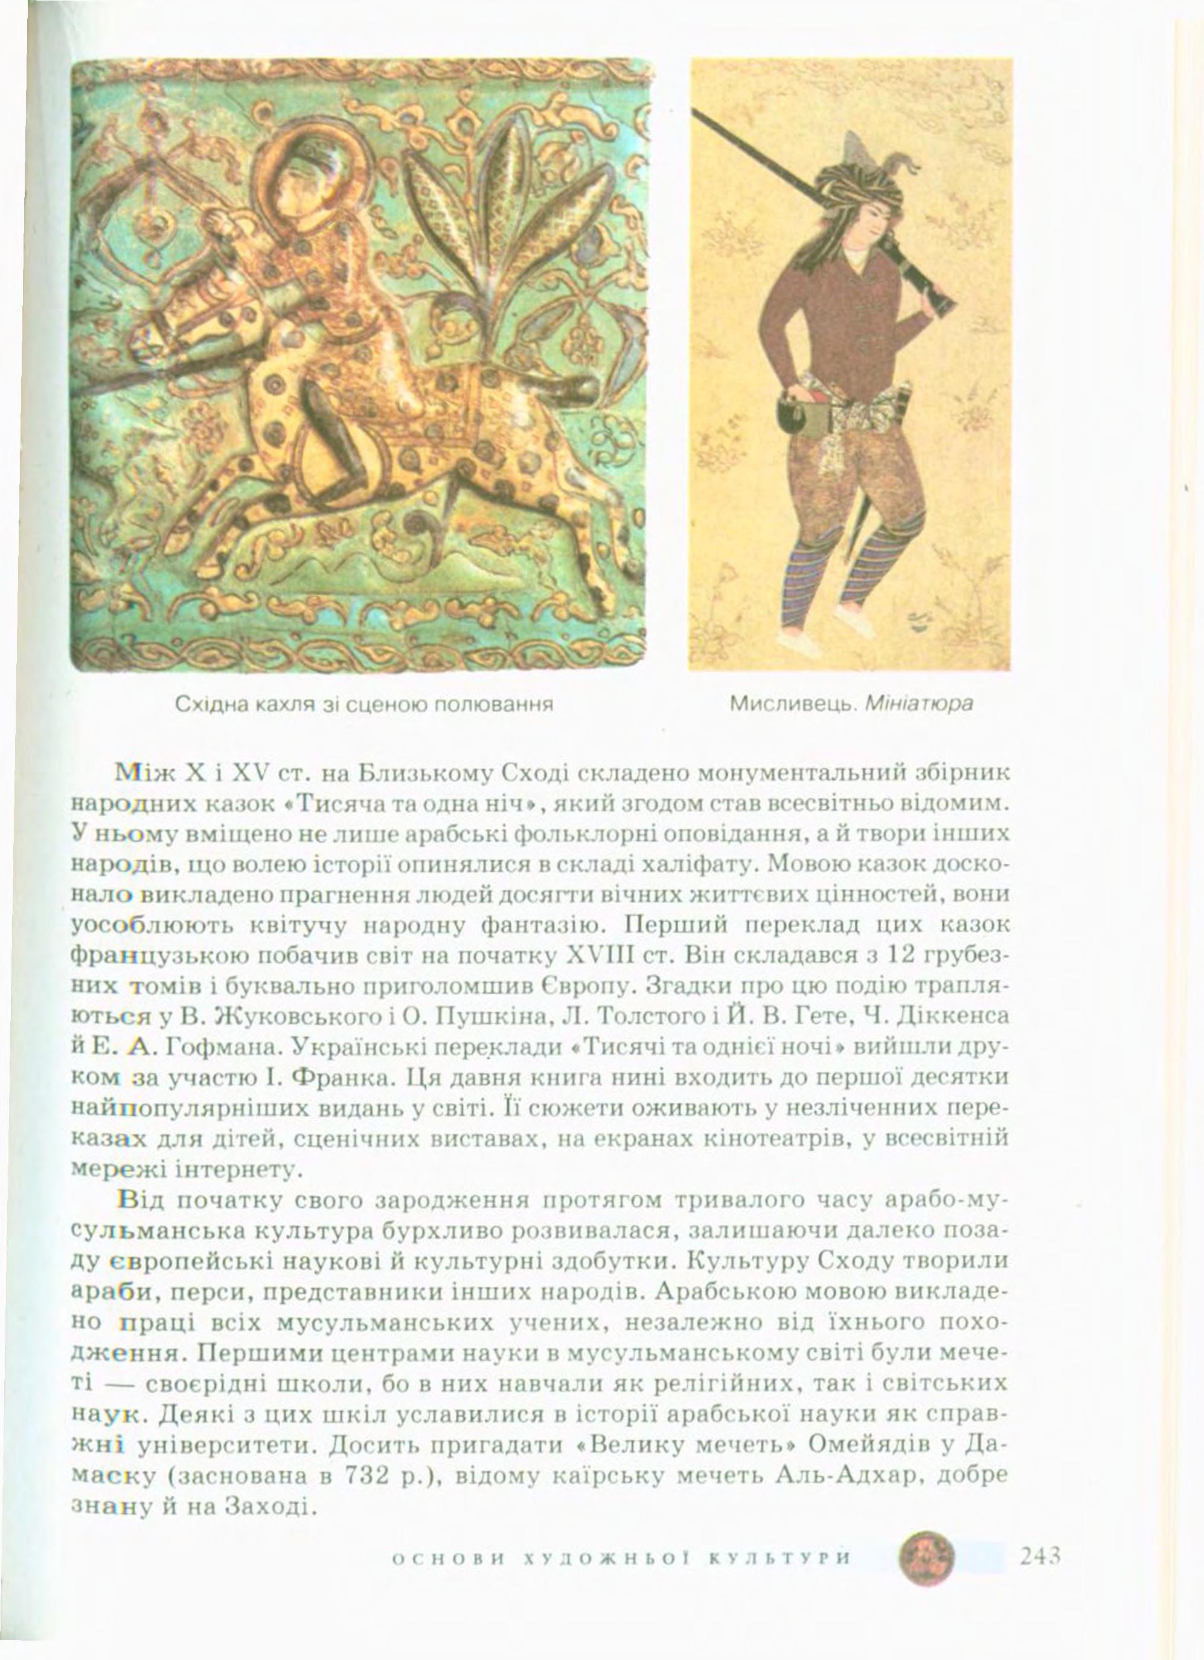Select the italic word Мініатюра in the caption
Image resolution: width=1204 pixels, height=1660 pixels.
pyautogui.click(x=920, y=704)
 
